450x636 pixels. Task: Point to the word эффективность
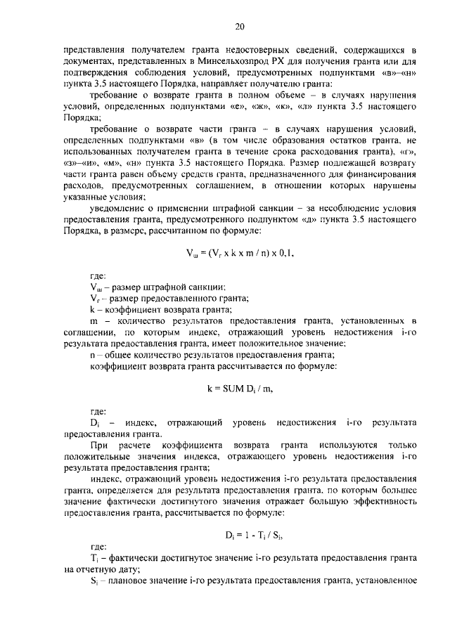[385, 502]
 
